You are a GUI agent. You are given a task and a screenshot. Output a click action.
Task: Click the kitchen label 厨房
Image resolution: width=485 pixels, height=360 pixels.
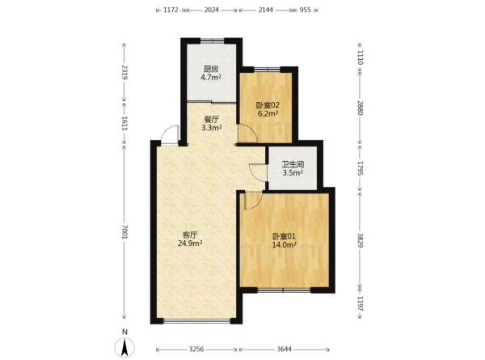point(211,69)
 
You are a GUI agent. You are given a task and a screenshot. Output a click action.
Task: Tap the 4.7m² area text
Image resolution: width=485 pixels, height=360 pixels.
point(211,78)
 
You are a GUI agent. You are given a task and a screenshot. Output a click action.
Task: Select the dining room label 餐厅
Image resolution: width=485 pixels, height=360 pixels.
point(212,119)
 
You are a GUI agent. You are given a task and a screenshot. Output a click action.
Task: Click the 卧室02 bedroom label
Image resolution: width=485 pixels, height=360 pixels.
point(268,105)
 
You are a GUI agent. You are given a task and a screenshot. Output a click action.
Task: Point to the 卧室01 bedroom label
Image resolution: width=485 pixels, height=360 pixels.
point(284,236)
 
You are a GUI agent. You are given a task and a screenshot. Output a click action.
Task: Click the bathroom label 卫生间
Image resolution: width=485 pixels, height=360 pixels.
point(293,164)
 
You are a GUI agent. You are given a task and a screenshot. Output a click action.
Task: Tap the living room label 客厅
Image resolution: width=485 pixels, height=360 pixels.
point(190,235)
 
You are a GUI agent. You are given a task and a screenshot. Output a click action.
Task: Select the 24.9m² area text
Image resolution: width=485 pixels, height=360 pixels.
point(190,244)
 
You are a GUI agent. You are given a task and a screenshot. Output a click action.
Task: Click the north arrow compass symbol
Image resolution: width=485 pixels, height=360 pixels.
point(124,347)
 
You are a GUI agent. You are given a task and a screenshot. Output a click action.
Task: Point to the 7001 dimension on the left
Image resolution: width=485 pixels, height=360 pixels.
point(124,231)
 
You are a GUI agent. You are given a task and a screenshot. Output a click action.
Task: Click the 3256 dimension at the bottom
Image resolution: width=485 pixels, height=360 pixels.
point(196,349)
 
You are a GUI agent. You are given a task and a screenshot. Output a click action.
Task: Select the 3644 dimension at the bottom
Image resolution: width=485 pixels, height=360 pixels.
point(284,349)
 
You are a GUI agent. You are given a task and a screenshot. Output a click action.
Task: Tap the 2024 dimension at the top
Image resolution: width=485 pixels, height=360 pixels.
point(212,10)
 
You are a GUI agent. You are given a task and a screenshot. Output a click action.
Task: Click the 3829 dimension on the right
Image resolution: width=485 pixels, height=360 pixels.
point(360,240)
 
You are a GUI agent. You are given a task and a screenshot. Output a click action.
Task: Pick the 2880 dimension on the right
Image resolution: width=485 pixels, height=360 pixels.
point(360,108)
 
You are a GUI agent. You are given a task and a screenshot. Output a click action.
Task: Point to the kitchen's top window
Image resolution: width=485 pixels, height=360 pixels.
point(212,40)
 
